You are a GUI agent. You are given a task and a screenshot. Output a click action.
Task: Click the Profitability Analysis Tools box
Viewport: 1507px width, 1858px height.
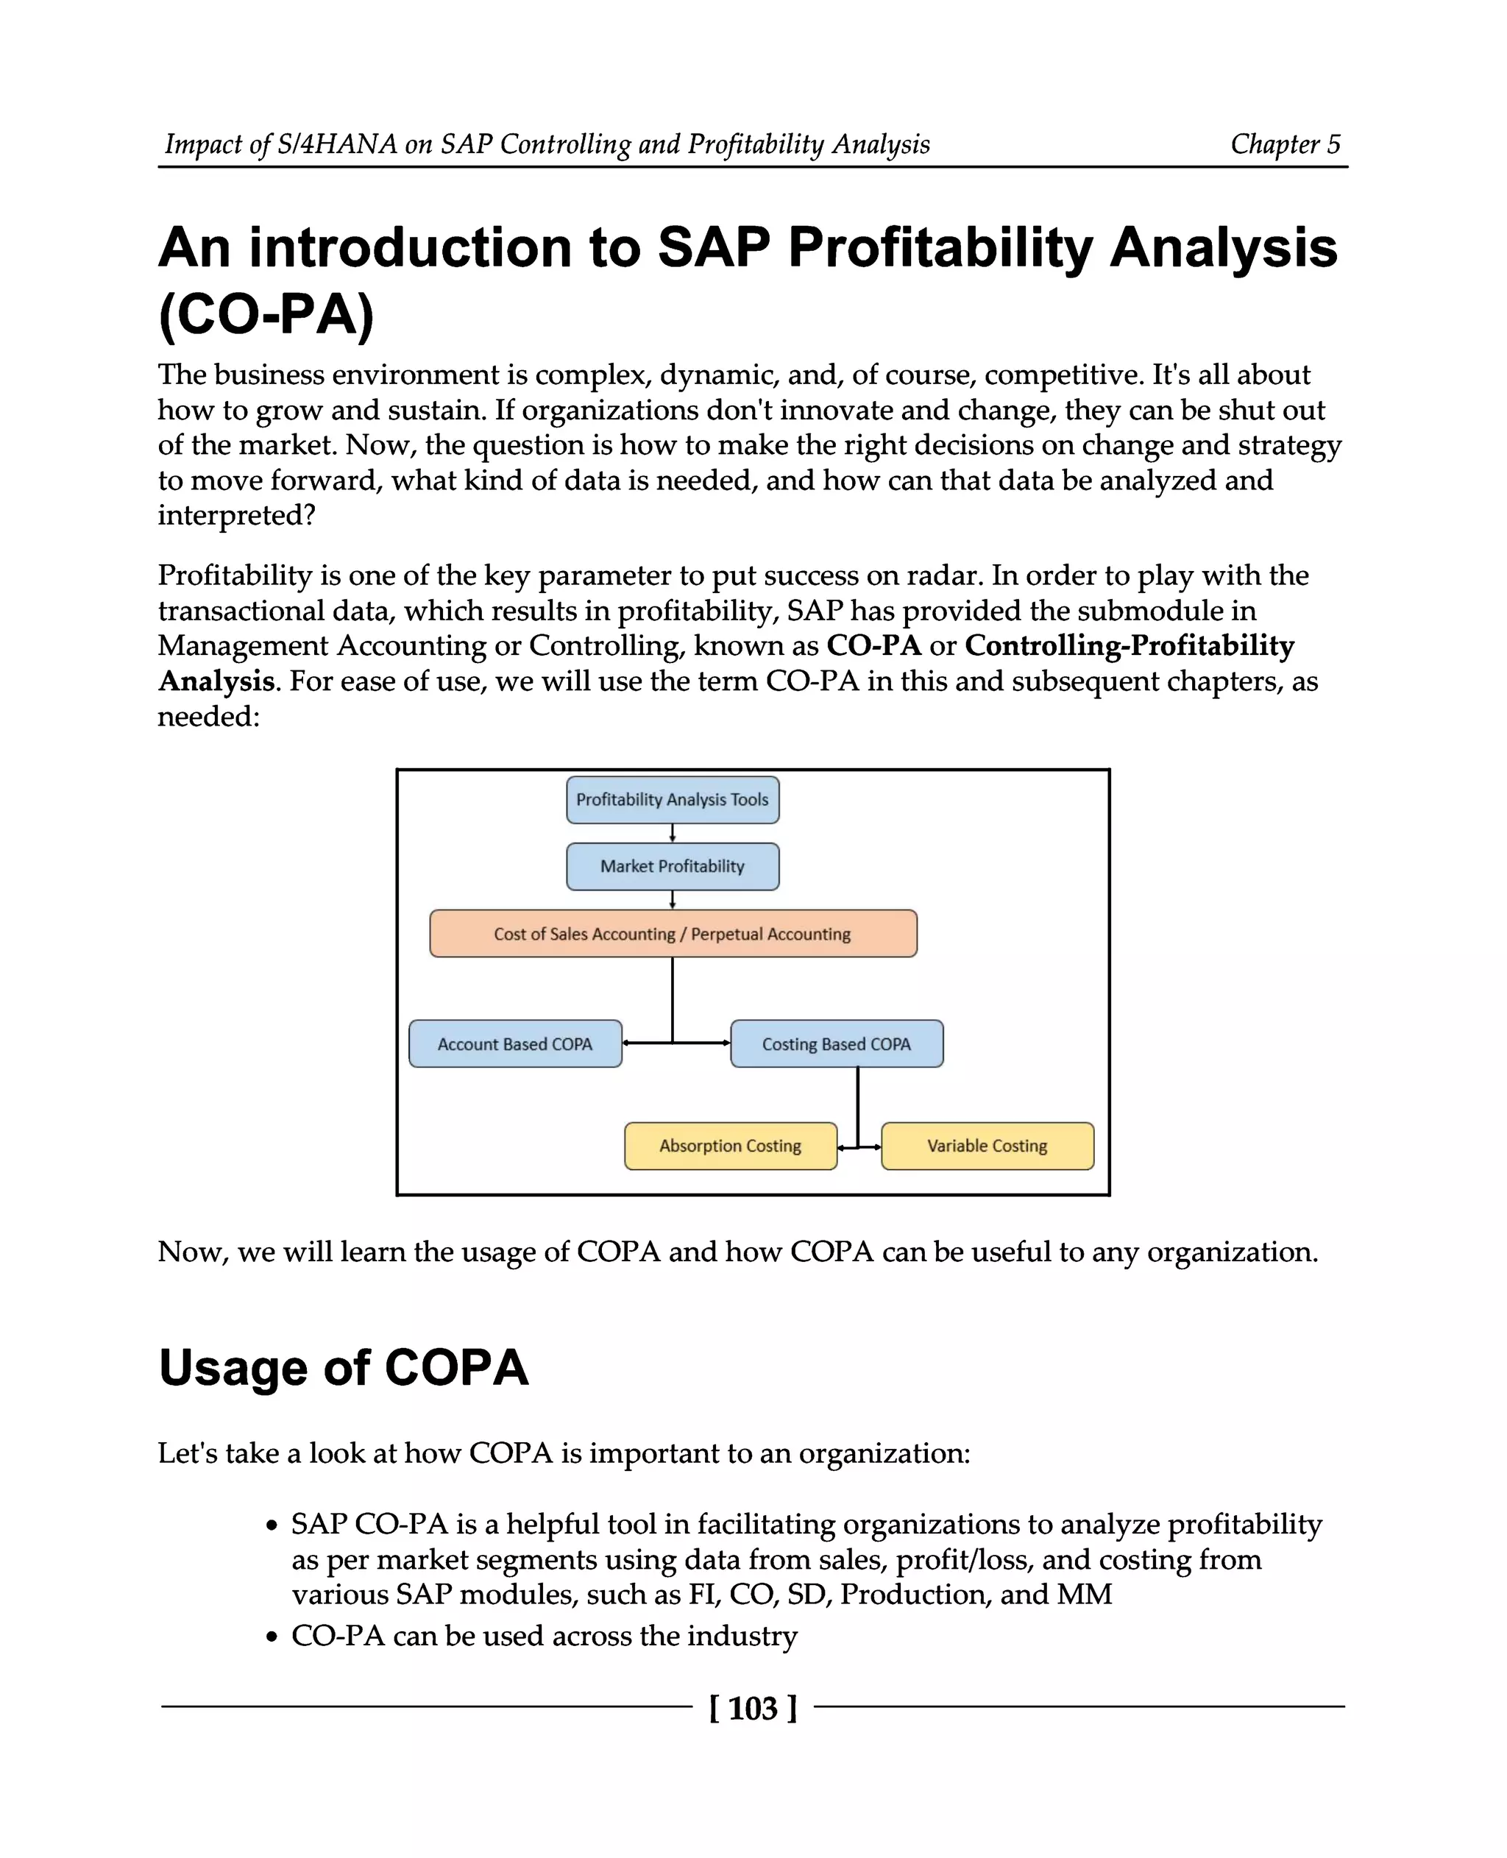(672, 800)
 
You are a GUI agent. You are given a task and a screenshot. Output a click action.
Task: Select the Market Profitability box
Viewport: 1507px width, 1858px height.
(672, 867)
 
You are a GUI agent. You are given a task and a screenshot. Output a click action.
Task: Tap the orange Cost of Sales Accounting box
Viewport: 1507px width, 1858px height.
(673, 935)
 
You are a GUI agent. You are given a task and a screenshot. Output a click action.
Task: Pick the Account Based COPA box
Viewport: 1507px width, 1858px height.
(515, 1043)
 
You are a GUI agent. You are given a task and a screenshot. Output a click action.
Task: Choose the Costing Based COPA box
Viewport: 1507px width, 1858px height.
(836, 1043)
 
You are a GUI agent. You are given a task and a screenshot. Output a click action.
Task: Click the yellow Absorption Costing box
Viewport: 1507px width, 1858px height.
(730, 1146)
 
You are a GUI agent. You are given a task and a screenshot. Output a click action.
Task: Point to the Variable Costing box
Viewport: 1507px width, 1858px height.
(987, 1146)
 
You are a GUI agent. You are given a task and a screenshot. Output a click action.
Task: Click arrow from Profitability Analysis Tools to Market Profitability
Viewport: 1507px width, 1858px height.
(673, 834)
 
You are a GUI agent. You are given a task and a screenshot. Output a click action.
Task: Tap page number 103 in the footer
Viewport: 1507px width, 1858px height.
(753, 1709)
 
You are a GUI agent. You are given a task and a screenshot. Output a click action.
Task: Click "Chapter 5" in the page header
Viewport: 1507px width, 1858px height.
(1285, 144)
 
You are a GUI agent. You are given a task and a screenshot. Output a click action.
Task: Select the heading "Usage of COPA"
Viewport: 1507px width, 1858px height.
(344, 1369)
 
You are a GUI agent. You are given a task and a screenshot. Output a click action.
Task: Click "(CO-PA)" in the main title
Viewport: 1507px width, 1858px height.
(266, 314)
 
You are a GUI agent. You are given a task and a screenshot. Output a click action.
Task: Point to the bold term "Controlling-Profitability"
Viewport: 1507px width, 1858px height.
(1129, 646)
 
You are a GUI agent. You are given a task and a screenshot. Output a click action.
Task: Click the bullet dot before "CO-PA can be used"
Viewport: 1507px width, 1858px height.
(272, 1637)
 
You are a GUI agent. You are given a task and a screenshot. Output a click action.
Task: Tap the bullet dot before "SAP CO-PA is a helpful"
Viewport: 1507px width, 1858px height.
(272, 1525)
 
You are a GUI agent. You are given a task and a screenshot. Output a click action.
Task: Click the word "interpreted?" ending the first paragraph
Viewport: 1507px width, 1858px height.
(236, 516)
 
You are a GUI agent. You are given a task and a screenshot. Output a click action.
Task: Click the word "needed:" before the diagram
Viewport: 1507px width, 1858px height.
(208, 717)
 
